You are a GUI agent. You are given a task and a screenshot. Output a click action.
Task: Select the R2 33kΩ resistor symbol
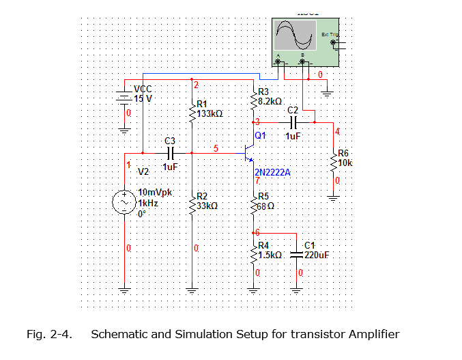(x=192, y=201)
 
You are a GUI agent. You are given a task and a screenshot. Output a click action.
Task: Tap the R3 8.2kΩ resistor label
(x=269, y=96)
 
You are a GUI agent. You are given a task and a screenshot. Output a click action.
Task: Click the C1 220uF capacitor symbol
(x=298, y=254)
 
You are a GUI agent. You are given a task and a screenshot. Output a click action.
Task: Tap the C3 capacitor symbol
(x=171, y=153)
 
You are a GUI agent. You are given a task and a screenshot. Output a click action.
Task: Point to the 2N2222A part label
(x=272, y=172)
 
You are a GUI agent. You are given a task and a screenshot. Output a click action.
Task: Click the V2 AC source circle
(x=126, y=202)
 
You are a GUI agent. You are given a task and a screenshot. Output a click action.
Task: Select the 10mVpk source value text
(x=156, y=192)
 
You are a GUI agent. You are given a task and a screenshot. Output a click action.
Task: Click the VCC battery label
(x=143, y=89)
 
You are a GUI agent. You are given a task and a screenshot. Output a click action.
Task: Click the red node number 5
(x=216, y=148)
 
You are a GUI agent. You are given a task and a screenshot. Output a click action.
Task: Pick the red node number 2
(x=196, y=85)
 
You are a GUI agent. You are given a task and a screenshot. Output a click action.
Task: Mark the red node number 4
(x=336, y=130)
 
